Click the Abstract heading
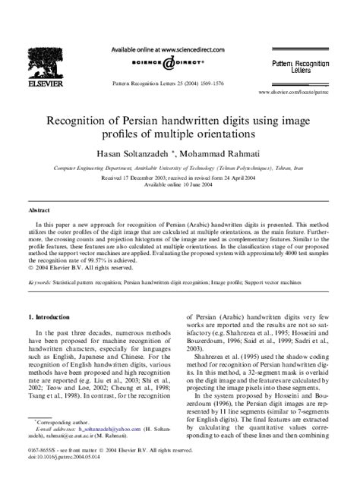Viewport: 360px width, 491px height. [x=39, y=208]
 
